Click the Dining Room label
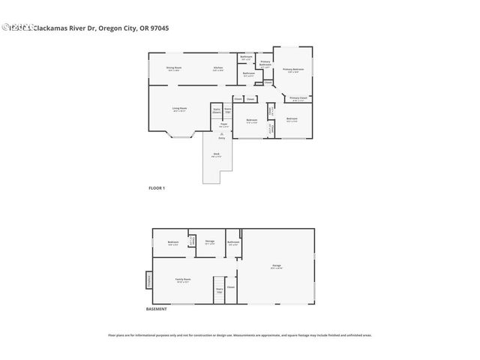tap(174, 68)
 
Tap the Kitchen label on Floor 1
tap(217, 68)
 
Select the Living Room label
tap(178, 109)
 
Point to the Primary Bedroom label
tap(292, 70)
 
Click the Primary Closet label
tap(298, 98)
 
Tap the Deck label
tap(215, 155)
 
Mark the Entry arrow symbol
tap(222, 133)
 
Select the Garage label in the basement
tap(276, 266)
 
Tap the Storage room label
tap(209, 241)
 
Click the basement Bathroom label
tap(233, 242)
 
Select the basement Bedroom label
tap(172, 242)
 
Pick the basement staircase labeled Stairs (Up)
tap(220, 291)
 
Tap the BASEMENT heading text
tap(156, 309)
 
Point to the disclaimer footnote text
tap(240, 335)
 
